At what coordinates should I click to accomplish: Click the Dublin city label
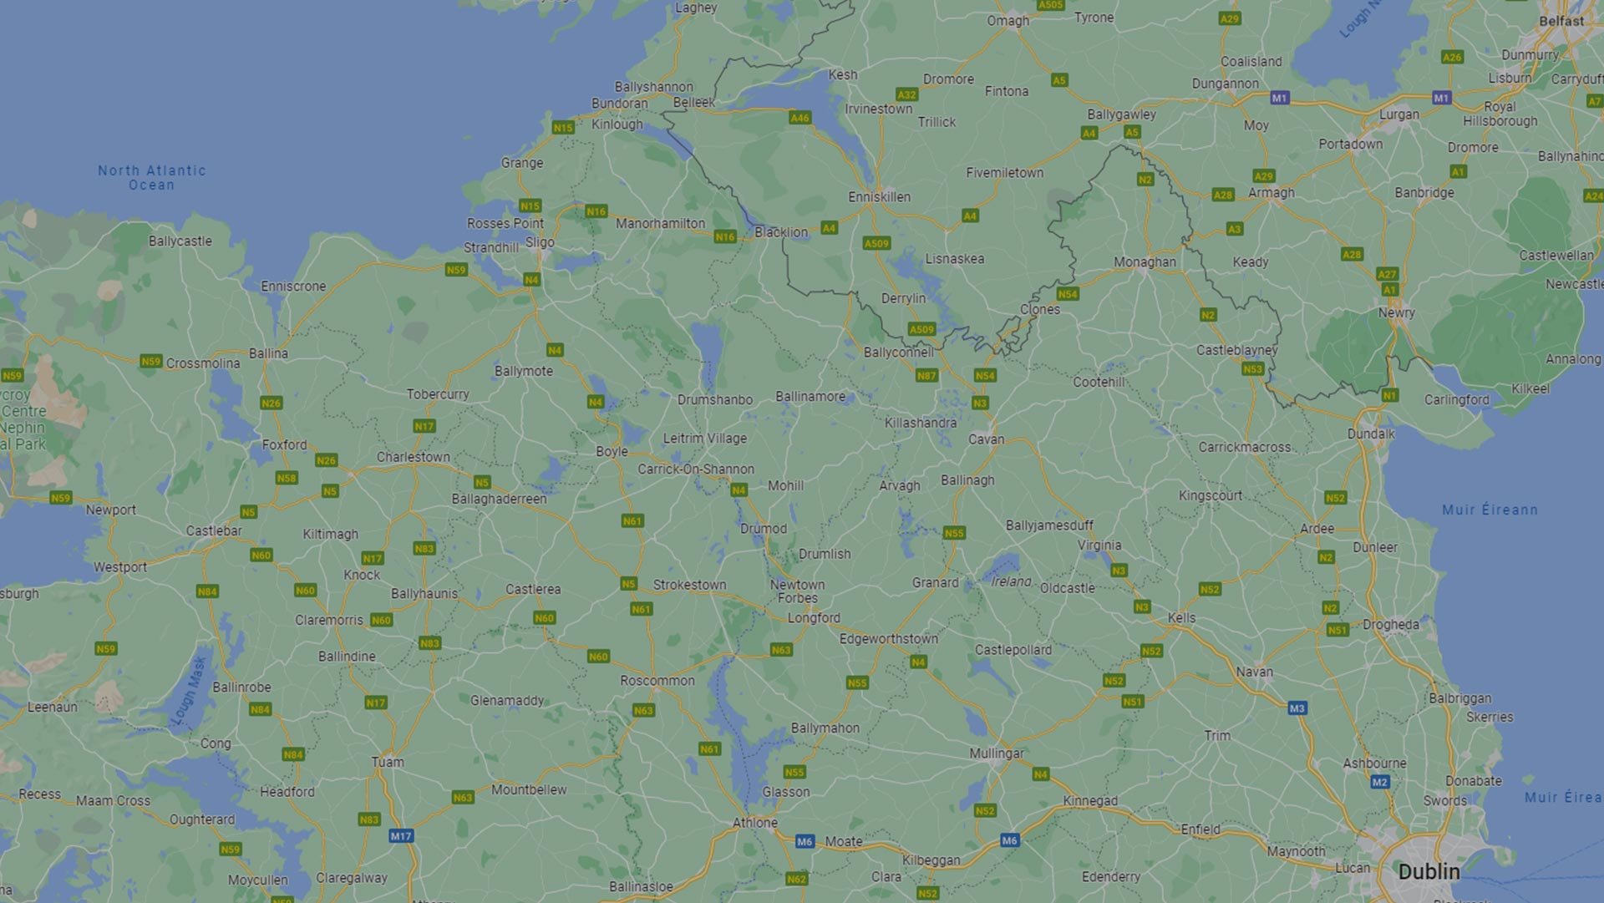[x=1429, y=871]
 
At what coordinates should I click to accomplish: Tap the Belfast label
[x=1561, y=21]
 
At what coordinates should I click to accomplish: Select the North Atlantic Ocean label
[x=151, y=177]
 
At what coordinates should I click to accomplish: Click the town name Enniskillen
[x=879, y=197]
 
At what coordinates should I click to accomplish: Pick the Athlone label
[x=754, y=823]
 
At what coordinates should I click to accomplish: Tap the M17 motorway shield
[x=401, y=835]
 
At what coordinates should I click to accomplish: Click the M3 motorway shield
[x=1297, y=708]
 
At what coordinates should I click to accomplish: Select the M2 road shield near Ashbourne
[x=1379, y=782]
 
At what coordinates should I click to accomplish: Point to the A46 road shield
[x=799, y=118]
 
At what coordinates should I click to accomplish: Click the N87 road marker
[x=926, y=375]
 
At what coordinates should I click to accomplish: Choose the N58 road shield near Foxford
[x=287, y=478]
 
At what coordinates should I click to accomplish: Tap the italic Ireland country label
[x=1011, y=581]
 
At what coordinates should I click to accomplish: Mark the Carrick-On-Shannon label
[x=695, y=469]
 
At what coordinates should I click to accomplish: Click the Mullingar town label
[x=996, y=753]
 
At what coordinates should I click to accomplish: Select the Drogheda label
[x=1390, y=625]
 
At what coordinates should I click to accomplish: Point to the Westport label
[x=119, y=567]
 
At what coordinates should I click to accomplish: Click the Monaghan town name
[x=1145, y=262]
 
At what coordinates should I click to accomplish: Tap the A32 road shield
[x=906, y=94]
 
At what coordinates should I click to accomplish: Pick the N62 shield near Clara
[x=796, y=879]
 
